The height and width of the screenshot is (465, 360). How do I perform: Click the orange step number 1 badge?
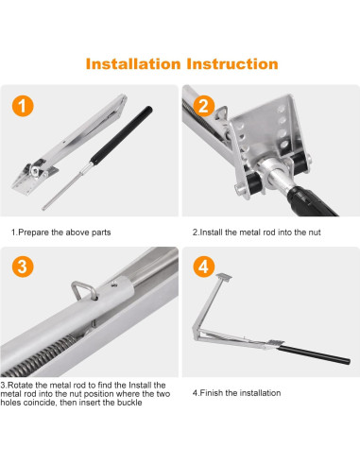click(23, 106)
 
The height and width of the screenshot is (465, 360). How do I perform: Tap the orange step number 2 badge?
click(204, 106)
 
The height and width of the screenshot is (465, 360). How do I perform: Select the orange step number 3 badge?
click(23, 267)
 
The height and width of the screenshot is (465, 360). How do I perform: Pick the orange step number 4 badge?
click(204, 267)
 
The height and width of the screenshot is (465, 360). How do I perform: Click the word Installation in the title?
click(133, 63)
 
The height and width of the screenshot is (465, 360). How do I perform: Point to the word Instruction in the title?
click(232, 63)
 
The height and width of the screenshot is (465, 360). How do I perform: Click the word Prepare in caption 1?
click(34, 232)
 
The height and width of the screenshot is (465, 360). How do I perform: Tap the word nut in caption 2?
click(314, 232)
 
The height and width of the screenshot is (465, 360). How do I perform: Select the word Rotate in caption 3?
click(20, 385)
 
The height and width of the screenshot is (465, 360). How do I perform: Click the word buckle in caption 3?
click(129, 403)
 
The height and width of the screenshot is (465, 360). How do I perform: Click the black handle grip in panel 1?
click(122, 134)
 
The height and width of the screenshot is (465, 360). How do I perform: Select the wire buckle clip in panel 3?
click(83, 289)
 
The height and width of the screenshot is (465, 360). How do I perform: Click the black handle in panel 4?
click(314, 354)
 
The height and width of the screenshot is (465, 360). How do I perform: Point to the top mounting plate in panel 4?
click(224, 277)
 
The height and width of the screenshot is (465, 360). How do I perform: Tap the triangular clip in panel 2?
click(221, 113)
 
